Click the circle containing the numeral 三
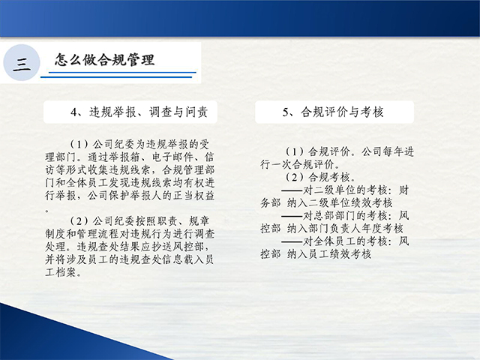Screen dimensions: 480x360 [x=22, y=62]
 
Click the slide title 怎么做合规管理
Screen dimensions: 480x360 [x=105, y=60]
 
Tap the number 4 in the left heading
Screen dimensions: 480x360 [x=73, y=112]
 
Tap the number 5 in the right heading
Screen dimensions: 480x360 [x=286, y=112]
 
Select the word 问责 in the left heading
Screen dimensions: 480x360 [x=196, y=112]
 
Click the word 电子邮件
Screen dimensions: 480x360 [x=173, y=157]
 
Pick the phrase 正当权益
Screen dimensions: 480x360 [x=193, y=195]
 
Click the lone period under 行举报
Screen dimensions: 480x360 [x=46, y=210]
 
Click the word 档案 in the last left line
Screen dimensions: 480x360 [x=66, y=271]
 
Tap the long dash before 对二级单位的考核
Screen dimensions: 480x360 [x=292, y=190]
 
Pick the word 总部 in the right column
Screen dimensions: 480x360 [x=324, y=216]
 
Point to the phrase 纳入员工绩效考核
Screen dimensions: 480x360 [x=329, y=254]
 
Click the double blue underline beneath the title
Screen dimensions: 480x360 [x=118, y=75]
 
